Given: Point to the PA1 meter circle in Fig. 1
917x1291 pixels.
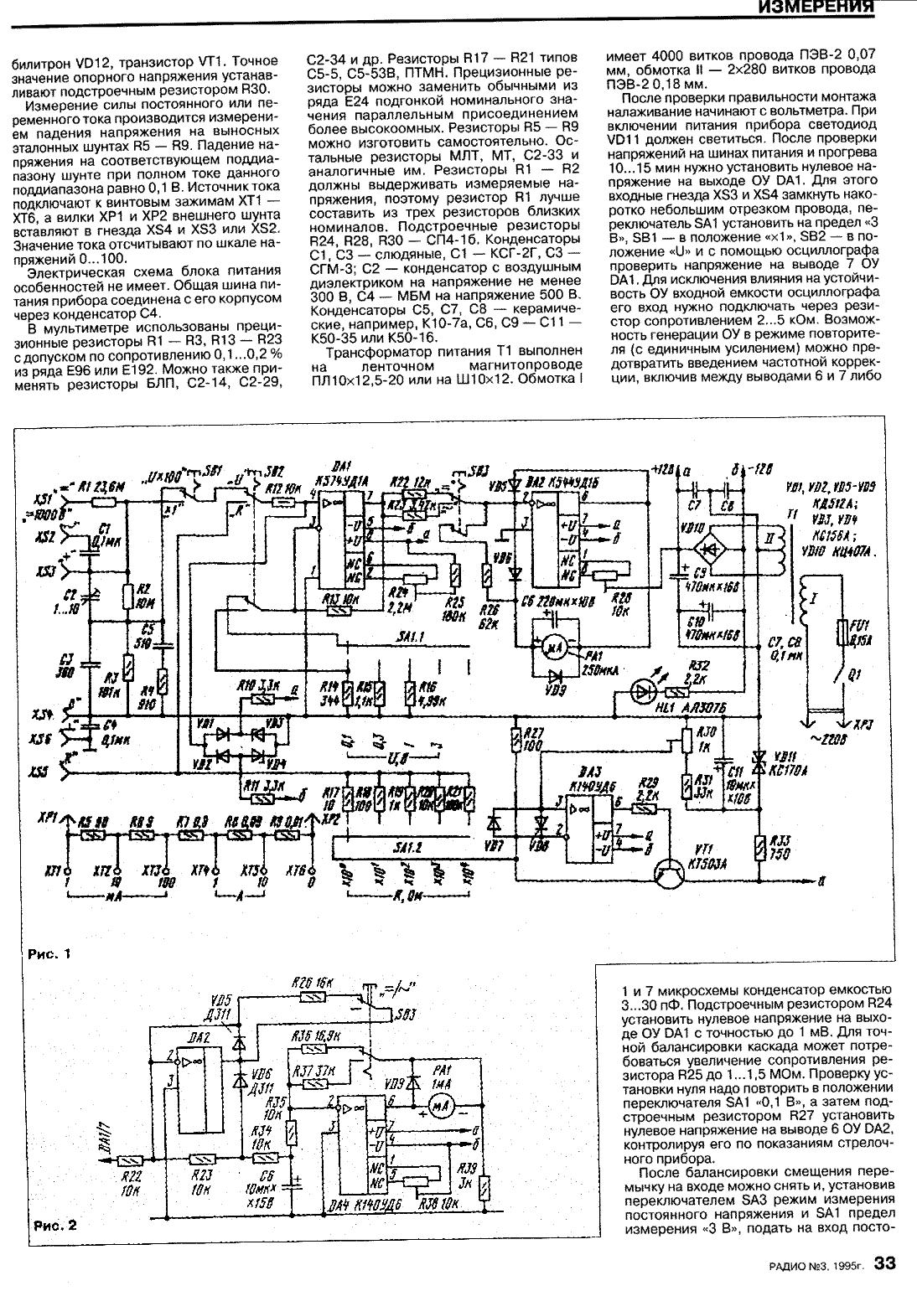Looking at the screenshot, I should coord(552,645).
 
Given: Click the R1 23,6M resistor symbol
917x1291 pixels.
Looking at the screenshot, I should coord(103,503).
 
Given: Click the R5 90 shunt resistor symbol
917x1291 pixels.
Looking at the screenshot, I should coord(93,835).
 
